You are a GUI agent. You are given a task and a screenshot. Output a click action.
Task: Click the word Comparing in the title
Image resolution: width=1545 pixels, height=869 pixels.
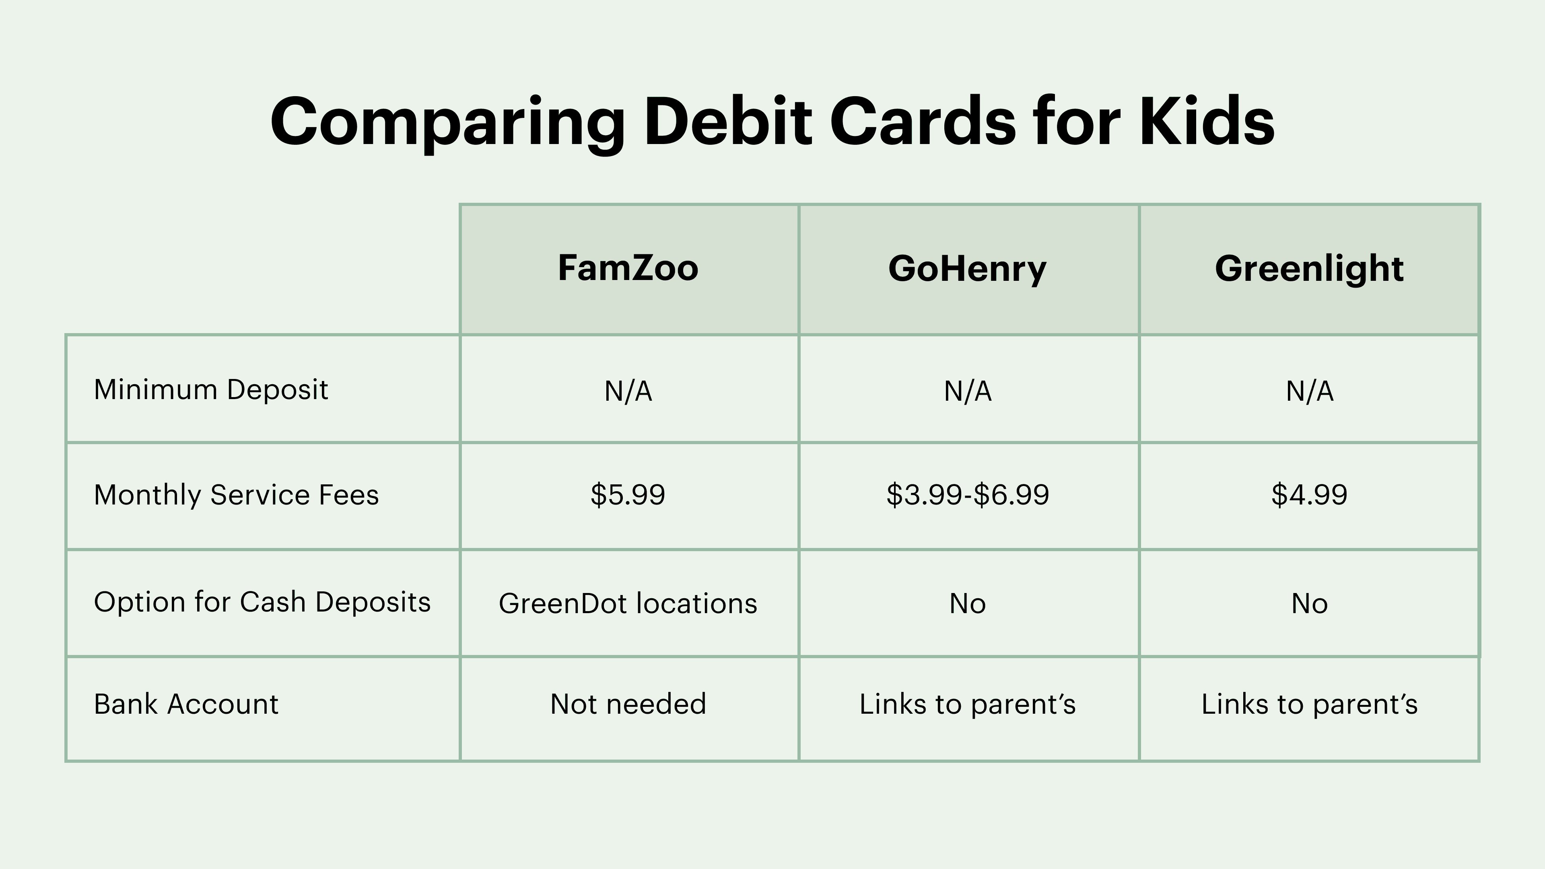tap(447, 123)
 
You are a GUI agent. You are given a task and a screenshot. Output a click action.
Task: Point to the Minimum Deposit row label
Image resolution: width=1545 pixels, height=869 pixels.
tap(211, 390)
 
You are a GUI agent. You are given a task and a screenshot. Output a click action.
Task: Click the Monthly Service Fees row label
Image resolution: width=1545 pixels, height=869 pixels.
tap(236, 495)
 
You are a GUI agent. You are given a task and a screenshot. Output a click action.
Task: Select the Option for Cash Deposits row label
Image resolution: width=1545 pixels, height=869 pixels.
tap(262, 602)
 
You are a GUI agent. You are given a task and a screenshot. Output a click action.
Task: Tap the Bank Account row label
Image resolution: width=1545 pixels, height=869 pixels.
tap(186, 704)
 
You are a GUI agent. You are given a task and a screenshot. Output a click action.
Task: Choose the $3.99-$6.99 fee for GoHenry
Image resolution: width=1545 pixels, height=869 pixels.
tap(967, 495)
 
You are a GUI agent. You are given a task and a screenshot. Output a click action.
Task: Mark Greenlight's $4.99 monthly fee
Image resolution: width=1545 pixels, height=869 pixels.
tap(1309, 495)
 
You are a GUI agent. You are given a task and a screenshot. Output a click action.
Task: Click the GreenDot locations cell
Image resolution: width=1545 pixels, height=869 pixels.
tap(628, 603)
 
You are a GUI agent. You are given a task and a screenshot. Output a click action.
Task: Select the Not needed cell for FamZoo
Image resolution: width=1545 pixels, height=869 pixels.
tap(628, 704)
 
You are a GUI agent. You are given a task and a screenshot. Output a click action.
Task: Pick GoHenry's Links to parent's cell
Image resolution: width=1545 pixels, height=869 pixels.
tap(967, 704)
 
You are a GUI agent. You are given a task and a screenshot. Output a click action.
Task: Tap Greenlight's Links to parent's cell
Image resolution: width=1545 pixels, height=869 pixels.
tap(1309, 704)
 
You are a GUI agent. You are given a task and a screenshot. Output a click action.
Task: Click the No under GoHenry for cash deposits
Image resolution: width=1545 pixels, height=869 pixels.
tap(967, 603)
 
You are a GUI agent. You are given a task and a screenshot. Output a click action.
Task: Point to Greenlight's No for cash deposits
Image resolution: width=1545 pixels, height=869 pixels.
tap(1309, 603)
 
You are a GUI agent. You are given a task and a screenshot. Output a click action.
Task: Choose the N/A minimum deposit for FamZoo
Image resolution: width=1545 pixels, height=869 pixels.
tap(628, 391)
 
